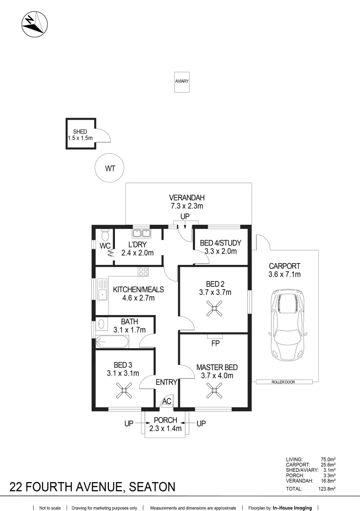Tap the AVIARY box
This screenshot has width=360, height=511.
182,82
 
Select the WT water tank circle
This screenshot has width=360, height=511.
109,168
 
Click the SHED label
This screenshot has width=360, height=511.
80,132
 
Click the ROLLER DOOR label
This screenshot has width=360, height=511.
283,382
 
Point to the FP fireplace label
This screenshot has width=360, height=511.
215,343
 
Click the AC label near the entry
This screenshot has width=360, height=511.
167,401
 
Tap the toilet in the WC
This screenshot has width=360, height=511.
105,235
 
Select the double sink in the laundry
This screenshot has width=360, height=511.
141,233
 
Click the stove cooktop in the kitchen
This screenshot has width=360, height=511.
143,272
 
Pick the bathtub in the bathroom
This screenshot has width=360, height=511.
113,342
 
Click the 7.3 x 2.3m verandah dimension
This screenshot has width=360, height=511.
187,206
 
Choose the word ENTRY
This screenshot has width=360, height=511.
167,382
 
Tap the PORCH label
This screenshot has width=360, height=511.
166,421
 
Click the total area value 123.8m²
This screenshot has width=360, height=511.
327,489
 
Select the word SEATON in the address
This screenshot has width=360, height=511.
152,487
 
